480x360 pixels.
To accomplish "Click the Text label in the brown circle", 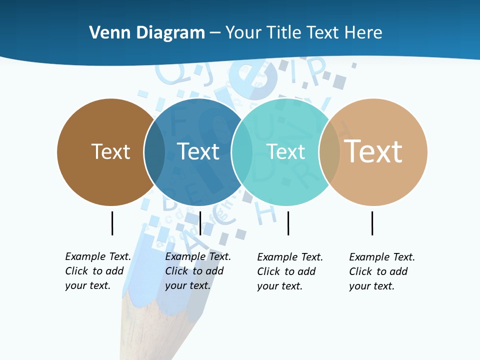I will [x=110, y=151].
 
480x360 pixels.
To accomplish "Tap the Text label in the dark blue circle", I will [x=198, y=151].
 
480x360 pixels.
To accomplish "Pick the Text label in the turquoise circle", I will [x=286, y=151].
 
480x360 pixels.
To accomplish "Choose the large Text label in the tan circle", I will [x=373, y=151].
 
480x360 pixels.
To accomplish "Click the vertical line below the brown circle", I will [x=112, y=223].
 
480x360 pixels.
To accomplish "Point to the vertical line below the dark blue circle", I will [x=200, y=223].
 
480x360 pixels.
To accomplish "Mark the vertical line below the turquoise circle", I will [x=288, y=223].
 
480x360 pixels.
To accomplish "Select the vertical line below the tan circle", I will [x=372, y=223].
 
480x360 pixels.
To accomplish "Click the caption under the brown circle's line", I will [x=98, y=271].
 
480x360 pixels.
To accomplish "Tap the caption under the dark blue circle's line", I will [x=198, y=271].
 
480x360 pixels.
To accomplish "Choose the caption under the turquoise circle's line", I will [x=290, y=271].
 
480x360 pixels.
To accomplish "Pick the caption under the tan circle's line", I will [x=382, y=271].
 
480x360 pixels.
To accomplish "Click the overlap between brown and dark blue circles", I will [x=154, y=152].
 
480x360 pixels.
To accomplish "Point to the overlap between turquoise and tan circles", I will [x=329, y=152].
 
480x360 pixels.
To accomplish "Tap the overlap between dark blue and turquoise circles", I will [x=242, y=152].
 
